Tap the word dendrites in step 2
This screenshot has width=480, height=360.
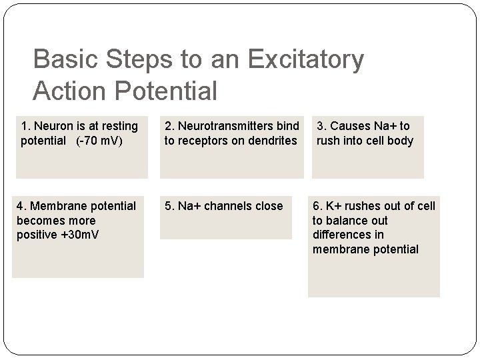[271, 140]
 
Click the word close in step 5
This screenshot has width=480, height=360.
[268, 206]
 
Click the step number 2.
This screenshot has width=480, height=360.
[168, 126]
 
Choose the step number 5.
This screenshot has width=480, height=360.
[168, 206]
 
